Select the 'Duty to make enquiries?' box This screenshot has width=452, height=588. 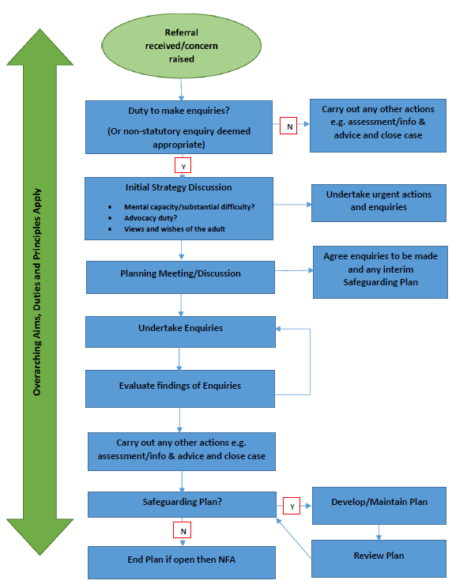[x=181, y=126]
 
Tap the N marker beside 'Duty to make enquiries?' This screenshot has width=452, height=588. [x=288, y=125]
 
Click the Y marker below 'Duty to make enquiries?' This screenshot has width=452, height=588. [x=183, y=166]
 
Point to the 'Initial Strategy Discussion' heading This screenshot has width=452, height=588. [x=179, y=187]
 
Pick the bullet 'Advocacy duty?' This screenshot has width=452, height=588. [x=150, y=217]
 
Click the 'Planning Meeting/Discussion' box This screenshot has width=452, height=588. [x=181, y=273]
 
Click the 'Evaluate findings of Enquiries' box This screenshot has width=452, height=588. [x=180, y=386]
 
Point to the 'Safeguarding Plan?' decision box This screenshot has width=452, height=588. [x=181, y=503]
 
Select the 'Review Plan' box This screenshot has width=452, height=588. [x=379, y=556]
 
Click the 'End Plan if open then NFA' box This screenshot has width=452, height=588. [x=181, y=562]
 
